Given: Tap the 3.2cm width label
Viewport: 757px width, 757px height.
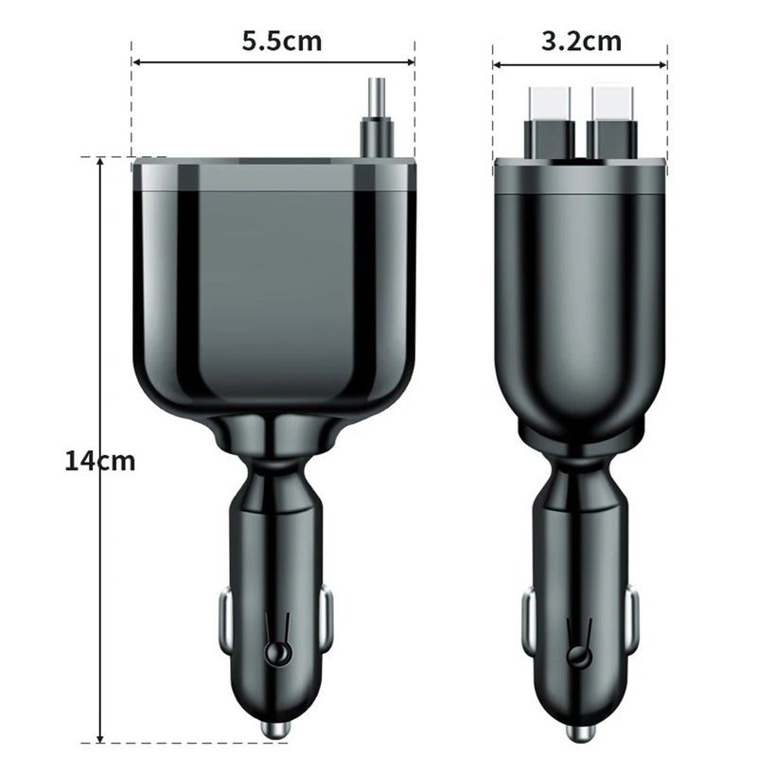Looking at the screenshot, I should pyautogui.click(x=582, y=41).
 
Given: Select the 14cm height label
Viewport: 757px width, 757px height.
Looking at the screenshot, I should pyautogui.click(x=100, y=461).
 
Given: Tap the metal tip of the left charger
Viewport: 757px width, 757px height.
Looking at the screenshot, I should pyautogui.click(x=274, y=731).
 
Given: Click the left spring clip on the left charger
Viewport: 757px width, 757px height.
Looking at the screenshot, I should pyautogui.click(x=226, y=620).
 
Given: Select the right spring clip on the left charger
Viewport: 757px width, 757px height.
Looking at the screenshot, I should pyautogui.click(x=325, y=620).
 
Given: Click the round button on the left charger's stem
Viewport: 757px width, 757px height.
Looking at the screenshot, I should pyautogui.click(x=277, y=653).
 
